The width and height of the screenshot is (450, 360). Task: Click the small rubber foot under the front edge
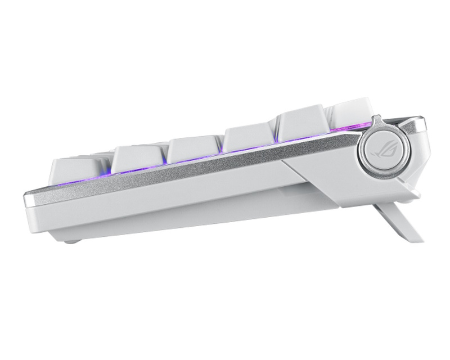70,241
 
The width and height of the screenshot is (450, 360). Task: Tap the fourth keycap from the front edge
249,139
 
